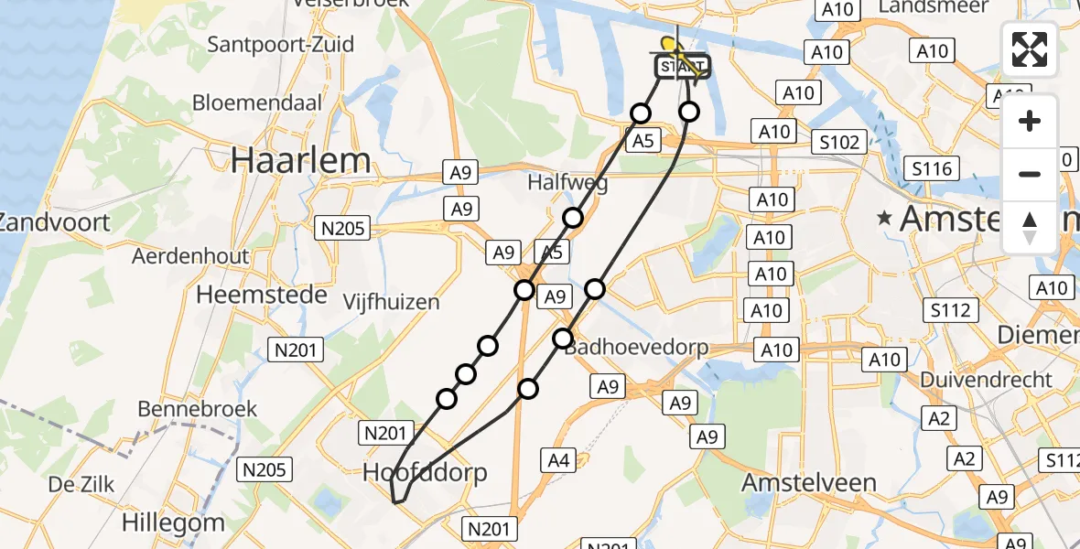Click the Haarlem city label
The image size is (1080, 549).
coord(301,161)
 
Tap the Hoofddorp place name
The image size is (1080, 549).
coord(425,472)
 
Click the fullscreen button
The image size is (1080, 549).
coord(1030,48)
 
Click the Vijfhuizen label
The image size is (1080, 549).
coord(391,302)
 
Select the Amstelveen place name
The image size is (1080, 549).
coord(808,482)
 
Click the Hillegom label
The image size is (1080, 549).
coord(175,523)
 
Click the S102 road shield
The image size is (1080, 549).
coord(840,142)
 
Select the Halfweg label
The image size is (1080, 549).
coord(567,183)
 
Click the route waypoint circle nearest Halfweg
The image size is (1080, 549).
coord(573,218)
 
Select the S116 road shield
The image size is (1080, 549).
coord(932,168)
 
